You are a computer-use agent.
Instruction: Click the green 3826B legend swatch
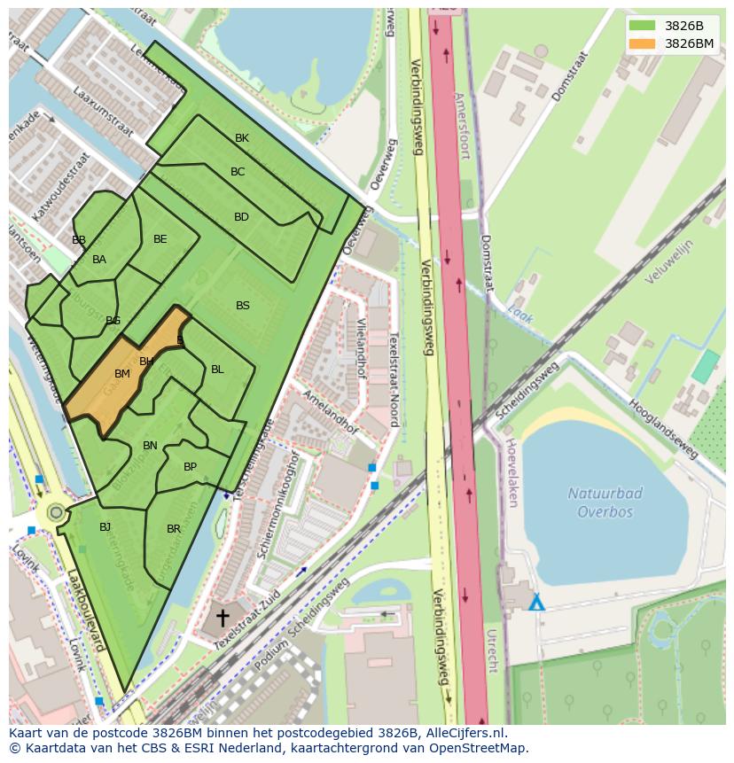coord(643,26)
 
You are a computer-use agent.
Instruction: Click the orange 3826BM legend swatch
coord(643,43)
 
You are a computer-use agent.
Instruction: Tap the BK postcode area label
coord(242,138)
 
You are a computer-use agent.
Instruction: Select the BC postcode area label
coord(238,172)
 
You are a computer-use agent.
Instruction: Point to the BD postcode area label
coord(241,217)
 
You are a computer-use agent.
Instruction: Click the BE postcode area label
coord(160,239)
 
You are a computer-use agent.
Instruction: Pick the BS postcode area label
coord(243,306)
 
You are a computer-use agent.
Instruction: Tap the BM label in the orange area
coord(122,374)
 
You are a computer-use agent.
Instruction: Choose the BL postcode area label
coord(217,370)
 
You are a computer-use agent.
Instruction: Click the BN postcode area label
coord(151,446)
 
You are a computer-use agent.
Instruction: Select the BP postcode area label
coord(191,467)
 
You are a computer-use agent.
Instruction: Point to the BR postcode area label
coord(174,529)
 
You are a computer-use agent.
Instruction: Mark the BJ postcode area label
coord(105,527)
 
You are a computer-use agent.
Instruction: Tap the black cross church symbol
coord(223,618)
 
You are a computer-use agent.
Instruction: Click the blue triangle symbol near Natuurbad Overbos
coord(536,603)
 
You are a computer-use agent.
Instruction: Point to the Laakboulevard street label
coord(87,611)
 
